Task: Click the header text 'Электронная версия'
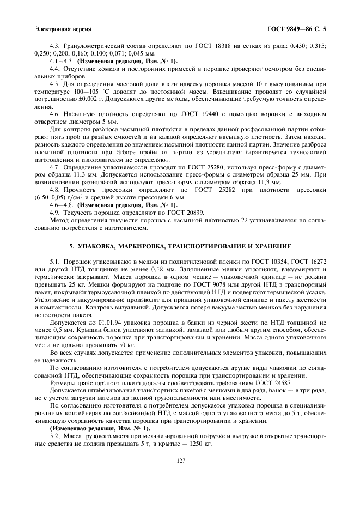[x=62, y=28]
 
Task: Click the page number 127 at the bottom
[x=180, y=461]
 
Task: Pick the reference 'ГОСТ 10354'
[x=265, y=262]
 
